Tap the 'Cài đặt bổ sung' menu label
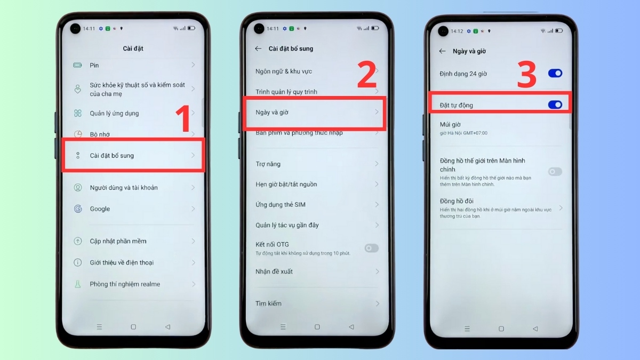(x=111, y=156)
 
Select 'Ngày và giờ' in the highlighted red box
(x=272, y=113)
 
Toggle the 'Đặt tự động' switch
(x=555, y=105)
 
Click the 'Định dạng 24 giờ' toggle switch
(x=555, y=74)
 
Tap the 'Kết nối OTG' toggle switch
(x=371, y=248)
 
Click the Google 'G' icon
(x=78, y=209)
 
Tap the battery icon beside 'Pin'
(x=78, y=65)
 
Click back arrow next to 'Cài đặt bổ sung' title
(x=258, y=49)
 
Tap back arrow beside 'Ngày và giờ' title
(x=442, y=51)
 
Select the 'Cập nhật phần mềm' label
(x=118, y=241)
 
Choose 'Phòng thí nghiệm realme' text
(x=125, y=284)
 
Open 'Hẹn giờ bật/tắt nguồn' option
(x=286, y=185)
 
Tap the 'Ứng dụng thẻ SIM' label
(x=280, y=205)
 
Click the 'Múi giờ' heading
(x=450, y=125)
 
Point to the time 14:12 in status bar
(x=457, y=31)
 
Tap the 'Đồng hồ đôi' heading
(x=457, y=201)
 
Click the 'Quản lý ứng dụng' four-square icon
(x=78, y=113)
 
